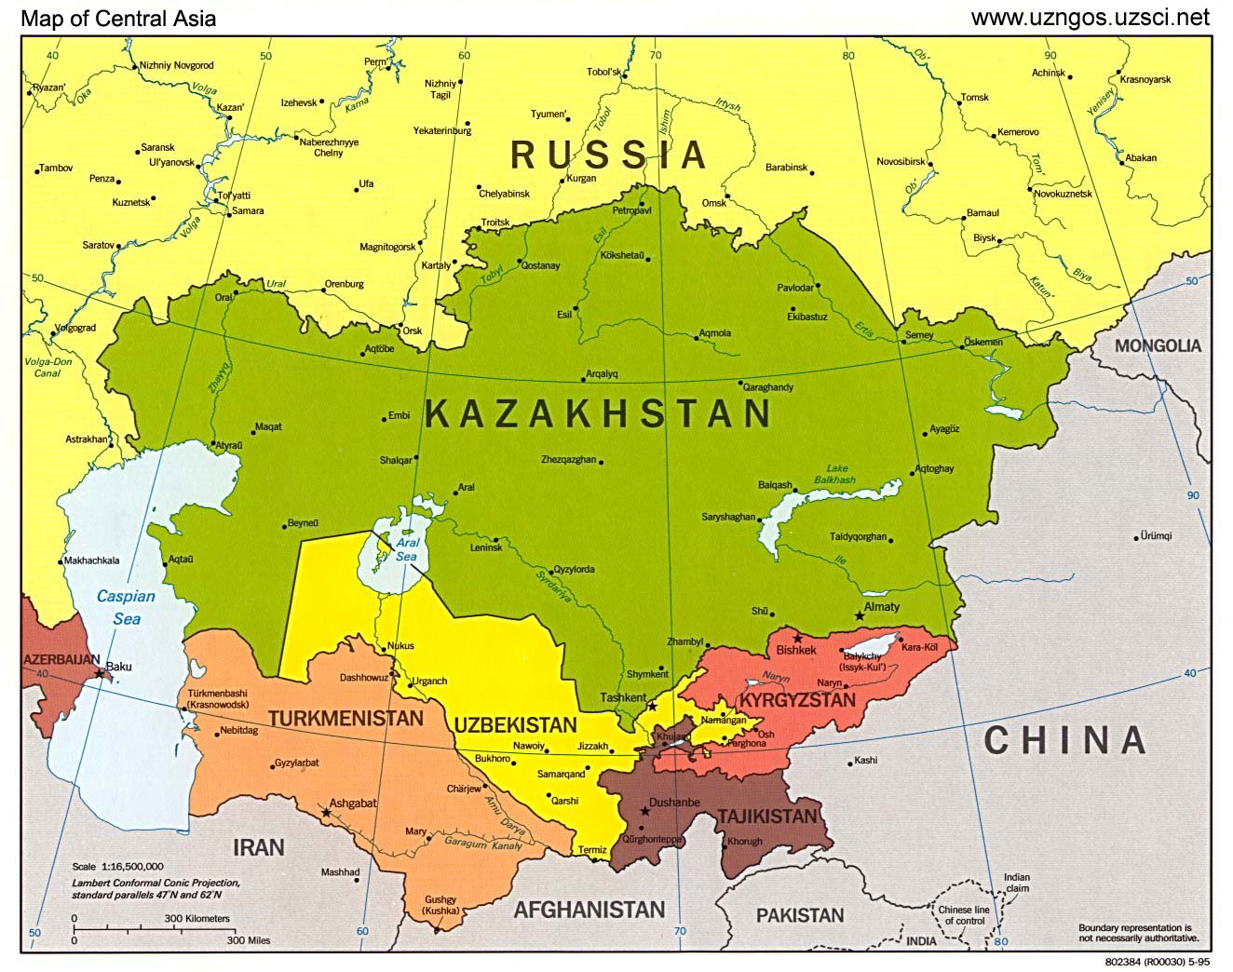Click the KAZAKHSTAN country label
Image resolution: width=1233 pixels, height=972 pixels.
[x=598, y=414]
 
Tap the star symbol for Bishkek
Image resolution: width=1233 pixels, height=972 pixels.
[x=797, y=638]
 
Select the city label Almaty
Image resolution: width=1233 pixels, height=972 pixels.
[x=882, y=607]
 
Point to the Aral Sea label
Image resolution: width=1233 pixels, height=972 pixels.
[x=407, y=549]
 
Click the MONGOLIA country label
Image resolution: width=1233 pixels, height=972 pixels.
[x=1158, y=345]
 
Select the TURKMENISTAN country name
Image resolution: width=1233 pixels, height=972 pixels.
[x=346, y=719]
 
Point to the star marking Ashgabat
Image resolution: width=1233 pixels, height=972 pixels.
[x=326, y=813]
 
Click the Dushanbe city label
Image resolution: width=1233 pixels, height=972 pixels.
[x=675, y=803]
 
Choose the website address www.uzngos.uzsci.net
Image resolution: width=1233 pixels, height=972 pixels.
[x=1090, y=17]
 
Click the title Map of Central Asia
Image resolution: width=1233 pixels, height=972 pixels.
[x=119, y=18]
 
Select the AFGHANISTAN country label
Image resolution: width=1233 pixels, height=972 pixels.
[x=589, y=910]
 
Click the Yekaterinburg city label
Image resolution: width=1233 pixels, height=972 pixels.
[x=442, y=130]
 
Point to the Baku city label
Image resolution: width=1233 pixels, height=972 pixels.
[x=119, y=667]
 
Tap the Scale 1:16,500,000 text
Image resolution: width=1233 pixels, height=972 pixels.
[x=117, y=866]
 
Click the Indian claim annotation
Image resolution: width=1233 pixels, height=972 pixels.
[x=1017, y=883]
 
